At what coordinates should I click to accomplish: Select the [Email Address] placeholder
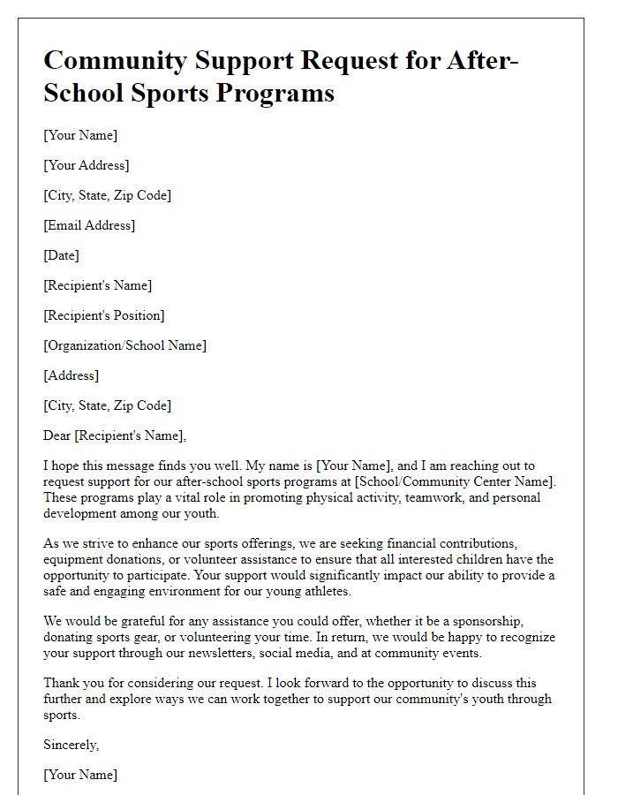click(x=89, y=225)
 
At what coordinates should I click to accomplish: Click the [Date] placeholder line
click(x=61, y=255)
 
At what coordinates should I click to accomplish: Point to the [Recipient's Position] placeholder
click(x=104, y=315)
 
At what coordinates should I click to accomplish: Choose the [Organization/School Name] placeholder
click(x=124, y=345)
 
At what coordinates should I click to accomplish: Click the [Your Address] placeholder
click(x=86, y=165)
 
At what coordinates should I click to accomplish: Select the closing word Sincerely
click(x=71, y=745)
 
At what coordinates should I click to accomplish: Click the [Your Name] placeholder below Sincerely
click(x=80, y=775)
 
